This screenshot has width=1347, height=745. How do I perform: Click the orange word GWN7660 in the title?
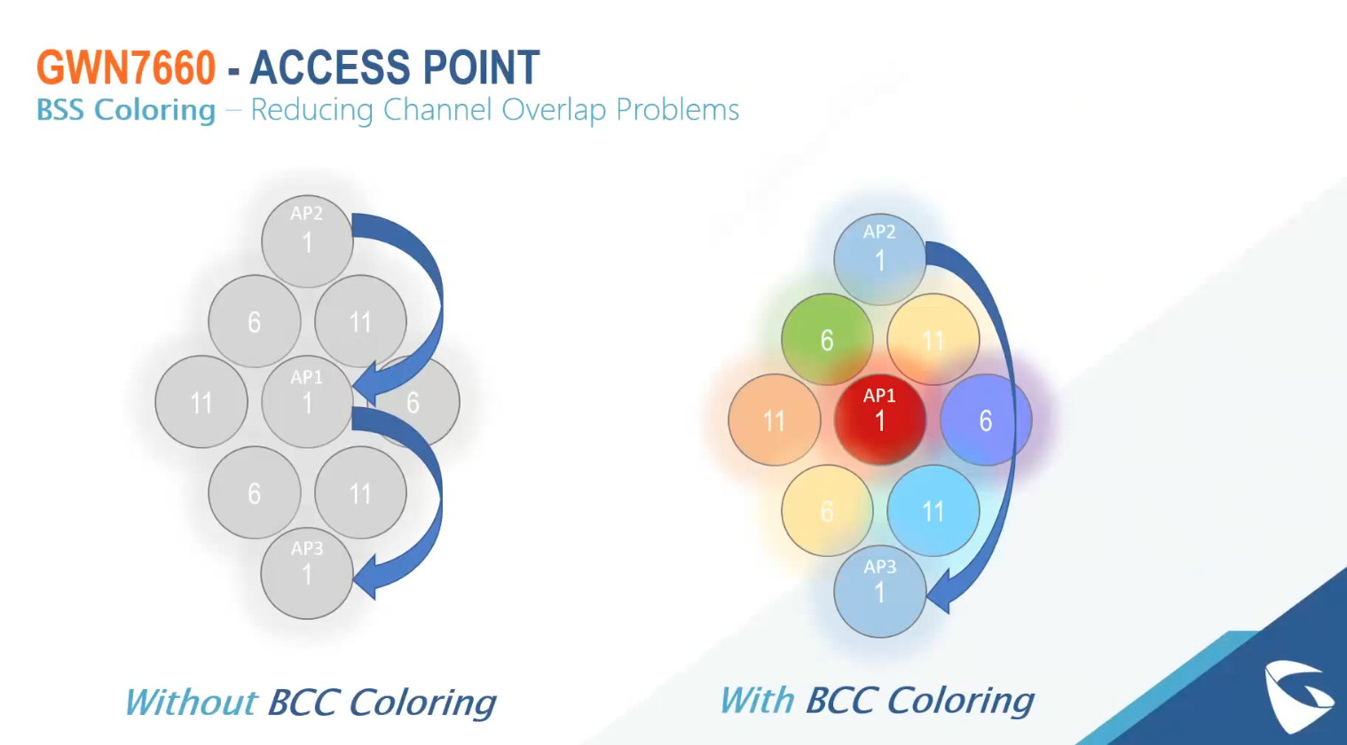click(x=126, y=67)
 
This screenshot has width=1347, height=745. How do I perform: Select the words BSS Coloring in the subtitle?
click(x=126, y=110)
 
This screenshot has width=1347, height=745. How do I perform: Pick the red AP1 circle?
click(x=879, y=420)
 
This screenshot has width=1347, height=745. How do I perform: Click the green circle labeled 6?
click(x=827, y=340)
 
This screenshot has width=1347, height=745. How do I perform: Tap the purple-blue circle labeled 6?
click(x=985, y=420)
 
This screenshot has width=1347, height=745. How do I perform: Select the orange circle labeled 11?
click(x=774, y=420)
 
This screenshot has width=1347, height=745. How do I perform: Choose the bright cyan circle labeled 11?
click(x=933, y=511)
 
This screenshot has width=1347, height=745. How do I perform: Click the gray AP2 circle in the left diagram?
click(x=307, y=240)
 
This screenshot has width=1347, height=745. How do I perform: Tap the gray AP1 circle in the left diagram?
click(x=307, y=402)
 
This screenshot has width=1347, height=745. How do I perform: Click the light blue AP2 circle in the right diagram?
click(x=879, y=259)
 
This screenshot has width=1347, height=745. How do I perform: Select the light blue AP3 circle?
click(x=879, y=591)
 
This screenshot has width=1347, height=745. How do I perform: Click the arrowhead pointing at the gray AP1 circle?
click(x=368, y=383)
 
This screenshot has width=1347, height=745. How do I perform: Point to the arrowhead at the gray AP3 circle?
click(x=368, y=576)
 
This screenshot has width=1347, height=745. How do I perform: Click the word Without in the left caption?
click(x=191, y=702)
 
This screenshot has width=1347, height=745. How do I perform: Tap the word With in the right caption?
click(x=757, y=701)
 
